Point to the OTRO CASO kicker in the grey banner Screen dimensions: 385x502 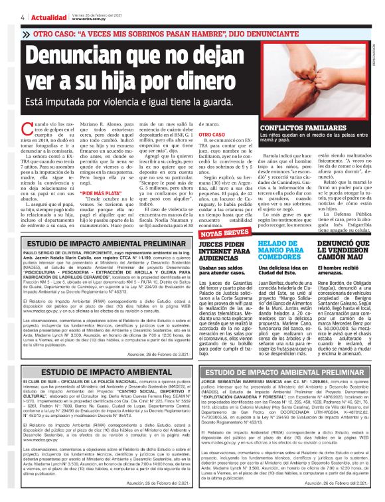[60, 34]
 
